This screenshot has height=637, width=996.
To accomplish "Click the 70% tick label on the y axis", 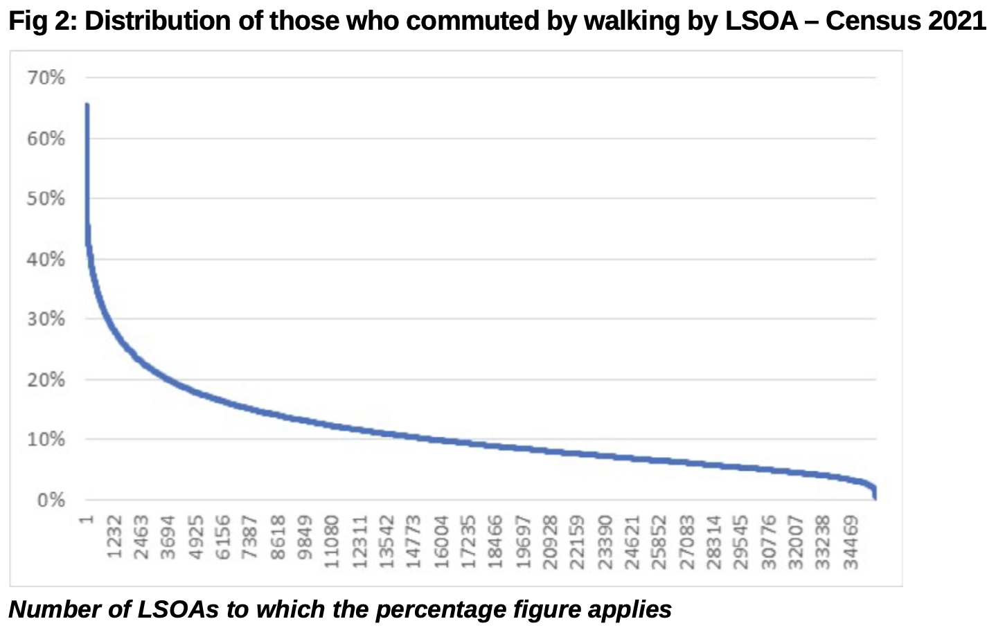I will pyautogui.click(x=46, y=78).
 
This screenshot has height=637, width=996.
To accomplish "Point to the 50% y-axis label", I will pyautogui.click(x=46, y=199).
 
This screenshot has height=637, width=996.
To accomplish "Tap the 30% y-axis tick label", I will pyautogui.click(x=46, y=320).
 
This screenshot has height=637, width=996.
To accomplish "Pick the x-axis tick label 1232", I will pyautogui.click(x=114, y=537).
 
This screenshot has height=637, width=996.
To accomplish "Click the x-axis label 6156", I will pyautogui.click(x=223, y=537).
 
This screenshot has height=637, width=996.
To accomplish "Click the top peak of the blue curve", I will pyautogui.click(x=87, y=105).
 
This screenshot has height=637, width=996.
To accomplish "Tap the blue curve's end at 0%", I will pyautogui.click(x=875, y=497).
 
